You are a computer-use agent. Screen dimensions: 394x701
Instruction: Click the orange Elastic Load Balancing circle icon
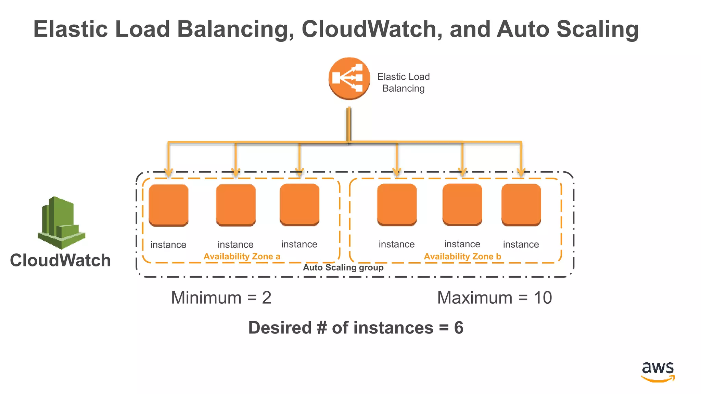tap(349, 78)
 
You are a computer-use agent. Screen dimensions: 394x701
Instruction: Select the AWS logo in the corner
tap(658, 371)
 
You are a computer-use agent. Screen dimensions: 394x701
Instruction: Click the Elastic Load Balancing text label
tap(403, 82)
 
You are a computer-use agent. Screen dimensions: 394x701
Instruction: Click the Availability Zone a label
tap(242, 257)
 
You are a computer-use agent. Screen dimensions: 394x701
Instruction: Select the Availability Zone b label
tap(462, 257)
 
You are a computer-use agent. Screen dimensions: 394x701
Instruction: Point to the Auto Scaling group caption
tap(343, 267)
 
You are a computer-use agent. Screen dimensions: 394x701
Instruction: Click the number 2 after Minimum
tap(267, 298)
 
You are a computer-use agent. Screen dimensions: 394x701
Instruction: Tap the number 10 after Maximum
tap(543, 298)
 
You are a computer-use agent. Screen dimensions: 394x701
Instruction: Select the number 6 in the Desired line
tap(459, 328)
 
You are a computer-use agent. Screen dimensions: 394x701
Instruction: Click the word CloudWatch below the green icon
tap(60, 260)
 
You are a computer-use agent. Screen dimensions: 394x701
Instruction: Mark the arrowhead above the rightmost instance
tap(521, 172)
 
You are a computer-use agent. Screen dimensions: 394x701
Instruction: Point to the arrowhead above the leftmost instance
tap(168, 172)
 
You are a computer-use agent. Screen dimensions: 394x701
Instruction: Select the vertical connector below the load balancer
tap(349, 125)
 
